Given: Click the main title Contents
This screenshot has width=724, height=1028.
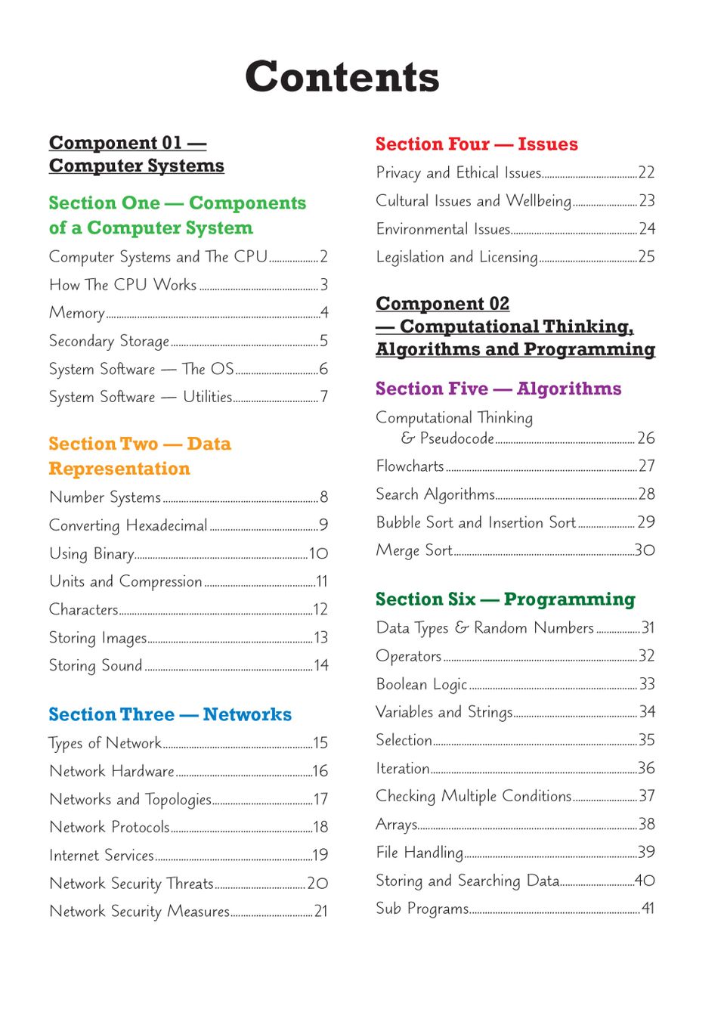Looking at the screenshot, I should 342,77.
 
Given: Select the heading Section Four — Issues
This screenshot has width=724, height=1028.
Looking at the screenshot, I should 476,144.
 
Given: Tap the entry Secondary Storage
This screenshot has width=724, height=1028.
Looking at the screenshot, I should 109,342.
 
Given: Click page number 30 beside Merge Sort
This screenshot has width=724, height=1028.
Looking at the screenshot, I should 645,550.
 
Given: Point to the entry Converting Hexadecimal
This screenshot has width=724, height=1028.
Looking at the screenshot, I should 128,525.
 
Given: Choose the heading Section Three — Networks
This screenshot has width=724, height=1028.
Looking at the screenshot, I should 170,715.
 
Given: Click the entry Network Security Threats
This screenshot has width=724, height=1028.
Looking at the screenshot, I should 131,884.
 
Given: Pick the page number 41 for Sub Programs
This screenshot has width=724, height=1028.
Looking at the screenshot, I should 648,909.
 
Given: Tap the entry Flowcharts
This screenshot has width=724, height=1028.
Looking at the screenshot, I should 410,466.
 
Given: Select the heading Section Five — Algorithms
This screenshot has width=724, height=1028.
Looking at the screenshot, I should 498,389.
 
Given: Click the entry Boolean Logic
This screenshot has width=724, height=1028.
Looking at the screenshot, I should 422,685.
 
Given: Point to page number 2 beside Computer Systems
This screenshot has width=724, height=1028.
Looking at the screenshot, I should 323,257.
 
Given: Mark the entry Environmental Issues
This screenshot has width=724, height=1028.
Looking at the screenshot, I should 443,229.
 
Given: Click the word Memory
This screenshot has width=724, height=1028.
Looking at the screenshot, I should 77,313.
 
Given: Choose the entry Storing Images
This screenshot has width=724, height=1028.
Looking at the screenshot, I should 97,638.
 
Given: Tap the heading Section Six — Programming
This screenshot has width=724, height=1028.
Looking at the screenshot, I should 505,599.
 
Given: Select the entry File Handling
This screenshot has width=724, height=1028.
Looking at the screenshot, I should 419,853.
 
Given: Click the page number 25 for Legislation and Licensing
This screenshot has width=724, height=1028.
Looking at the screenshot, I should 646,257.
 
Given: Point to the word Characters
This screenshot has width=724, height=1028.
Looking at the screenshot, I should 84,610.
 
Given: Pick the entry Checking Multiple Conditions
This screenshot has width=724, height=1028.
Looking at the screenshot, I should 473,797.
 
